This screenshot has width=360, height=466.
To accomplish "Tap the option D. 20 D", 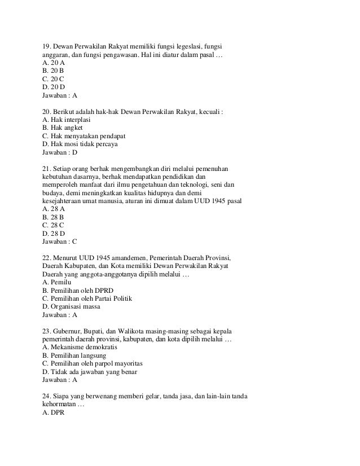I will pyautogui.click(x=54, y=87).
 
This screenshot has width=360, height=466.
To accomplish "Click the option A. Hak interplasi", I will pyautogui.click(x=67, y=120).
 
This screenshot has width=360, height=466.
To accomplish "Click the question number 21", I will pyautogui.click(x=47, y=169).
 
